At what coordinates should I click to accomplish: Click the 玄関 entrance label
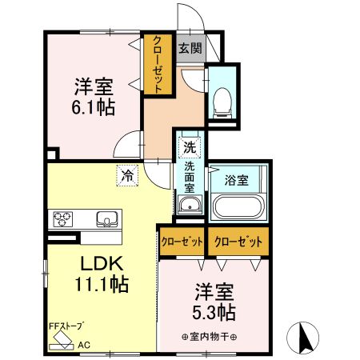pyautogui.click(x=190, y=49)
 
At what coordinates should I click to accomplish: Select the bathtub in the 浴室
pyautogui.click(x=237, y=206)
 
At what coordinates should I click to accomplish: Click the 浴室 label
pyautogui.click(x=236, y=180)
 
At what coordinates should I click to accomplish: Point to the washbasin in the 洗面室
pyautogui.click(x=190, y=205)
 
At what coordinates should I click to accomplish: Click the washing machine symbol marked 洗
pyautogui.click(x=190, y=147)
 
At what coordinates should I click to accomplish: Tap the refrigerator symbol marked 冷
pyautogui.click(x=127, y=175)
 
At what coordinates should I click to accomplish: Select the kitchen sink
pyautogui.click(x=107, y=219)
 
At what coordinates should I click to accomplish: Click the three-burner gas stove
pyautogui.click(x=63, y=219)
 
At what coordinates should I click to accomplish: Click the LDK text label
pyautogui.click(x=102, y=263)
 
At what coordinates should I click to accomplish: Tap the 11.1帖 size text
pyautogui.click(x=102, y=284)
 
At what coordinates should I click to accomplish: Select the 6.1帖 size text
pyautogui.click(x=93, y=106)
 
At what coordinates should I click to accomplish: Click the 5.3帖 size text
pyautogui.click(x=214, y=312)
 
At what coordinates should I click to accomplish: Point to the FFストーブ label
pyautogui.click(x=65, y=326)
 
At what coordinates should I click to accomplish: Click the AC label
pyautogui.click(x=84, y=345)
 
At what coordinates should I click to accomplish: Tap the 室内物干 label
pyautogui.click(x=210, y=337)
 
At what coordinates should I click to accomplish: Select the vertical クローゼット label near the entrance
pyautogui.click(x=158, y=65)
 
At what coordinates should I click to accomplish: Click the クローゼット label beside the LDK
pyautogui.click(x=182, y=242)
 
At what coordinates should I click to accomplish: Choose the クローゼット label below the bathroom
pyautogui.click(x=238, y=242)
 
